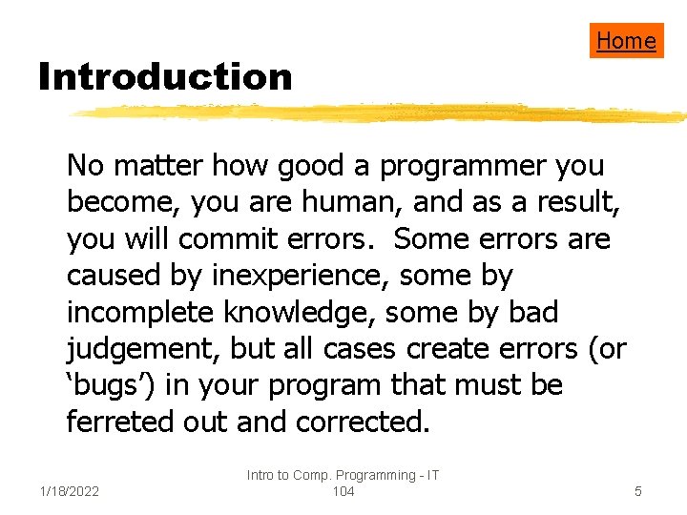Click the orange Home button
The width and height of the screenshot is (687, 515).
[626, 40]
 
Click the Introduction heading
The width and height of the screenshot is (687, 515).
[164, 77]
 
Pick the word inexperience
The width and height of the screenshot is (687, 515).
[292, 277]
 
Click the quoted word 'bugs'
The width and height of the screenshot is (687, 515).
[111, 386]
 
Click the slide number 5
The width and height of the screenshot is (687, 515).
[638, 491]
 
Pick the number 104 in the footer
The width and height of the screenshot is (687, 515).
[343, 491]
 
